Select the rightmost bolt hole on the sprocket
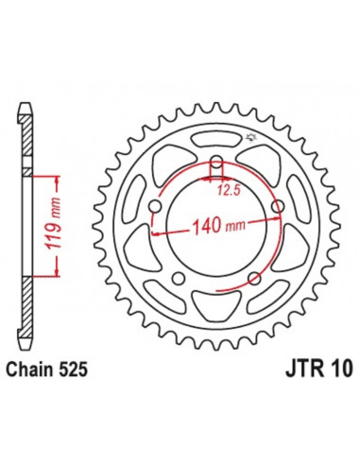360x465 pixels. tap(277, 207)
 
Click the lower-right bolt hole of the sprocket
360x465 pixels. tap(254, 278)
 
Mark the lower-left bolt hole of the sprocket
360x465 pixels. tap(179, 278)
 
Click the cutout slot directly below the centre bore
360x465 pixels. tap(216, 305)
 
